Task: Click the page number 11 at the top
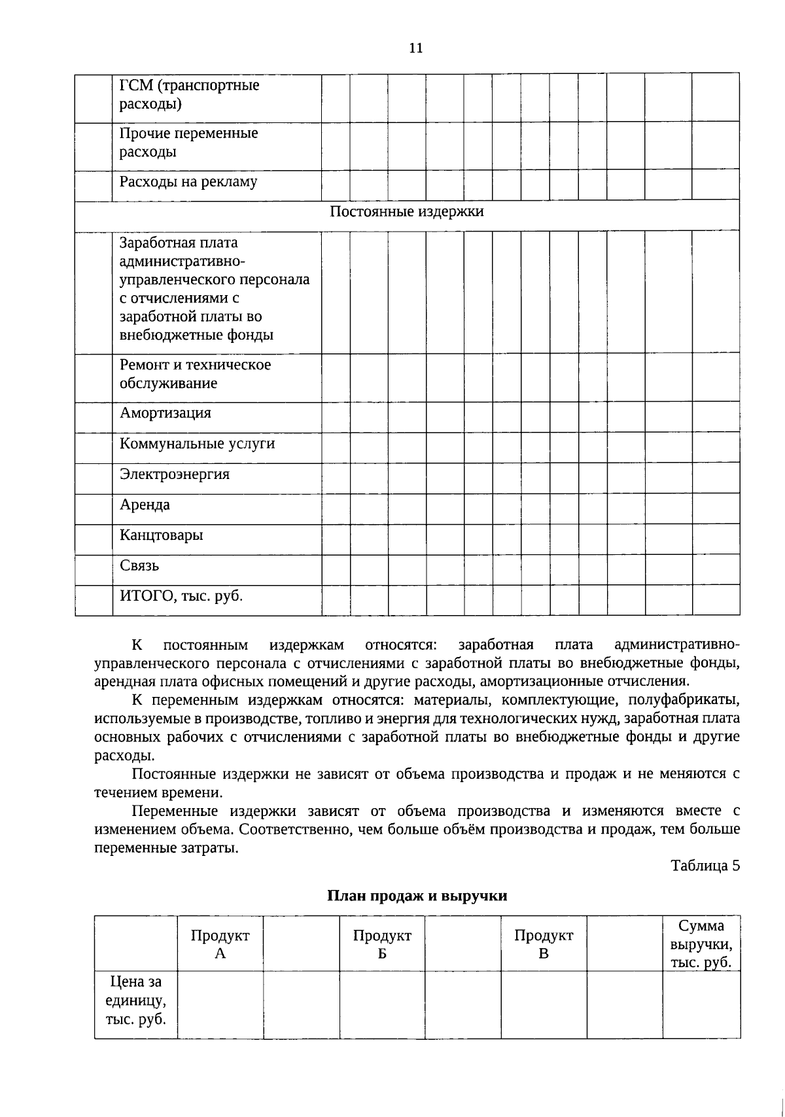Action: tap(415, 48)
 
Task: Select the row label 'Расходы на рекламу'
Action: tap(188, 182)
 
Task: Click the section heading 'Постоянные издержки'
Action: tap(406, 212)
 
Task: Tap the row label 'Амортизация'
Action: tap(166, 414)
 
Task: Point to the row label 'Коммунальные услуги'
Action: tap(197, 444)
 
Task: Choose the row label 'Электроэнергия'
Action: tap(175, 474)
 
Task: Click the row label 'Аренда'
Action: tap(145, 505)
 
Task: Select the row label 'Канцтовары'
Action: tap(162, 535)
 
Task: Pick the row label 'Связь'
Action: tap(139, 566)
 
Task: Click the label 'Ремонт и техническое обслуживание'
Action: tap(195, 374)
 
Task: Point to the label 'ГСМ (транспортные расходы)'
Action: tap(189, 95)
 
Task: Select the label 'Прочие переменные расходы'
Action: tap(188, 143)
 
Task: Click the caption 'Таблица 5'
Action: tap(705, 866)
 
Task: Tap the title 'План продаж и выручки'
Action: tap(417, 896)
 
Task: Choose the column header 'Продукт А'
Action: tap(220, 944)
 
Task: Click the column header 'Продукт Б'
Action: tap(382, 944)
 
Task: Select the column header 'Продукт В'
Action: tap(544, 944)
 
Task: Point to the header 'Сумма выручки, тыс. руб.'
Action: tap(701, 944)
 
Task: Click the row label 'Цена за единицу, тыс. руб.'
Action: tap(135, 1001)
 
